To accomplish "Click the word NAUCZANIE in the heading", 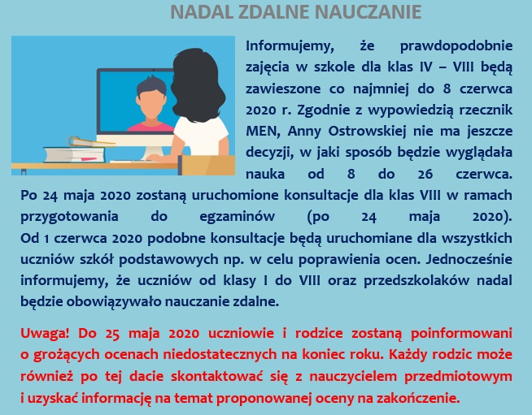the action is click(368, 12).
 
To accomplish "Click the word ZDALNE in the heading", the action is click(274, 12).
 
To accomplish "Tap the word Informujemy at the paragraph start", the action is click(290, 46).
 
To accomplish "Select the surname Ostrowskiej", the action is click(367, 132).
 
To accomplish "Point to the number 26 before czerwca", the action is click(425, 174).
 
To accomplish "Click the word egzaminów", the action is click(238, 217).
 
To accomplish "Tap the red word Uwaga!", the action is click(45, 334).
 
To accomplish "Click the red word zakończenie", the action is click(421, 398).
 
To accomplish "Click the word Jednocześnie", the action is click(469, 260).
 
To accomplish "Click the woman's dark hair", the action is click(198, 84).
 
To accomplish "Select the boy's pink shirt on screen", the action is click(150, 127).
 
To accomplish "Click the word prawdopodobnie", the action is click(456, 46).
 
